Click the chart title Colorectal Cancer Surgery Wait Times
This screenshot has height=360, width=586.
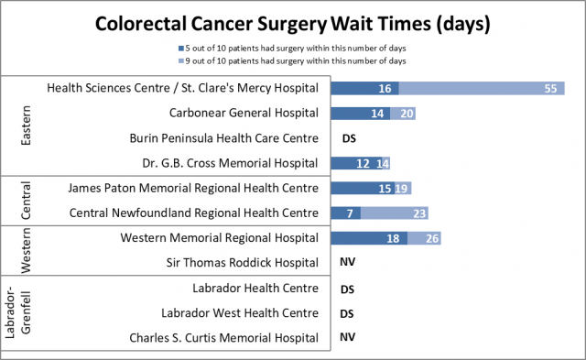pyautogui.click(x=293, y=21)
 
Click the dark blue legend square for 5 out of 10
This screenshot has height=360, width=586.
pyautogui.click(x=182, y=48)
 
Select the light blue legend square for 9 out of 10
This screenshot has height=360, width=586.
pyautogui.click(x=182, y=60)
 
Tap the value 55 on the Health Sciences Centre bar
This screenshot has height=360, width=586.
pyautogui.click(x=549, y=89)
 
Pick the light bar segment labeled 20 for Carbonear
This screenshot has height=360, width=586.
pyautogui.click(x=404, y=114)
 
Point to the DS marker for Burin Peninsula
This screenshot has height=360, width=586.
pyautogui.click(x=348, y=138)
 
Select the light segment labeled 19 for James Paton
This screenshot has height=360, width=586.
pyautogui.click(x=401, y=188)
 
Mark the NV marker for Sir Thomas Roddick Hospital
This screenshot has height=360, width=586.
pyautogui.click(x=348, y=262)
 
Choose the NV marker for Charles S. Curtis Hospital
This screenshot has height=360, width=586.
pyautogui.click(x=348, y=337)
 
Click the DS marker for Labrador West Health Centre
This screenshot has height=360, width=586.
pyautogui.click(x=348, y=312)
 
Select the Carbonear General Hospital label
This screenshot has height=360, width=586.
pyautogui.click(x=244, y=114)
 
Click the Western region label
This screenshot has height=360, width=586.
pyautogui.click(x=27, y=250)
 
